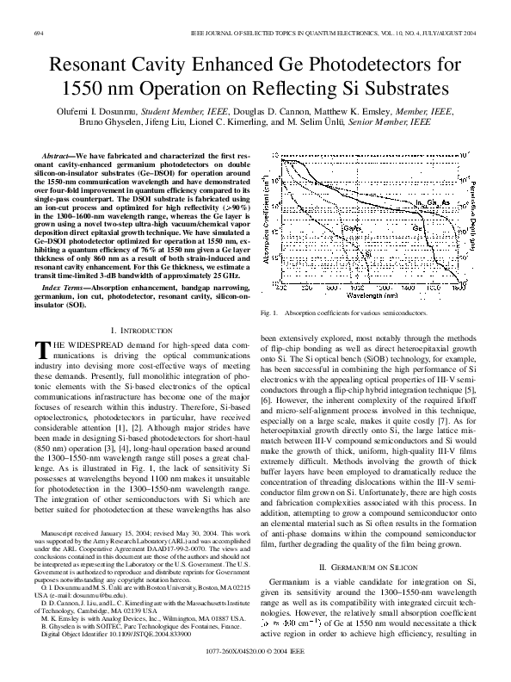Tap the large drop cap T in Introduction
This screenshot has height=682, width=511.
(x=40, y=349)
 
